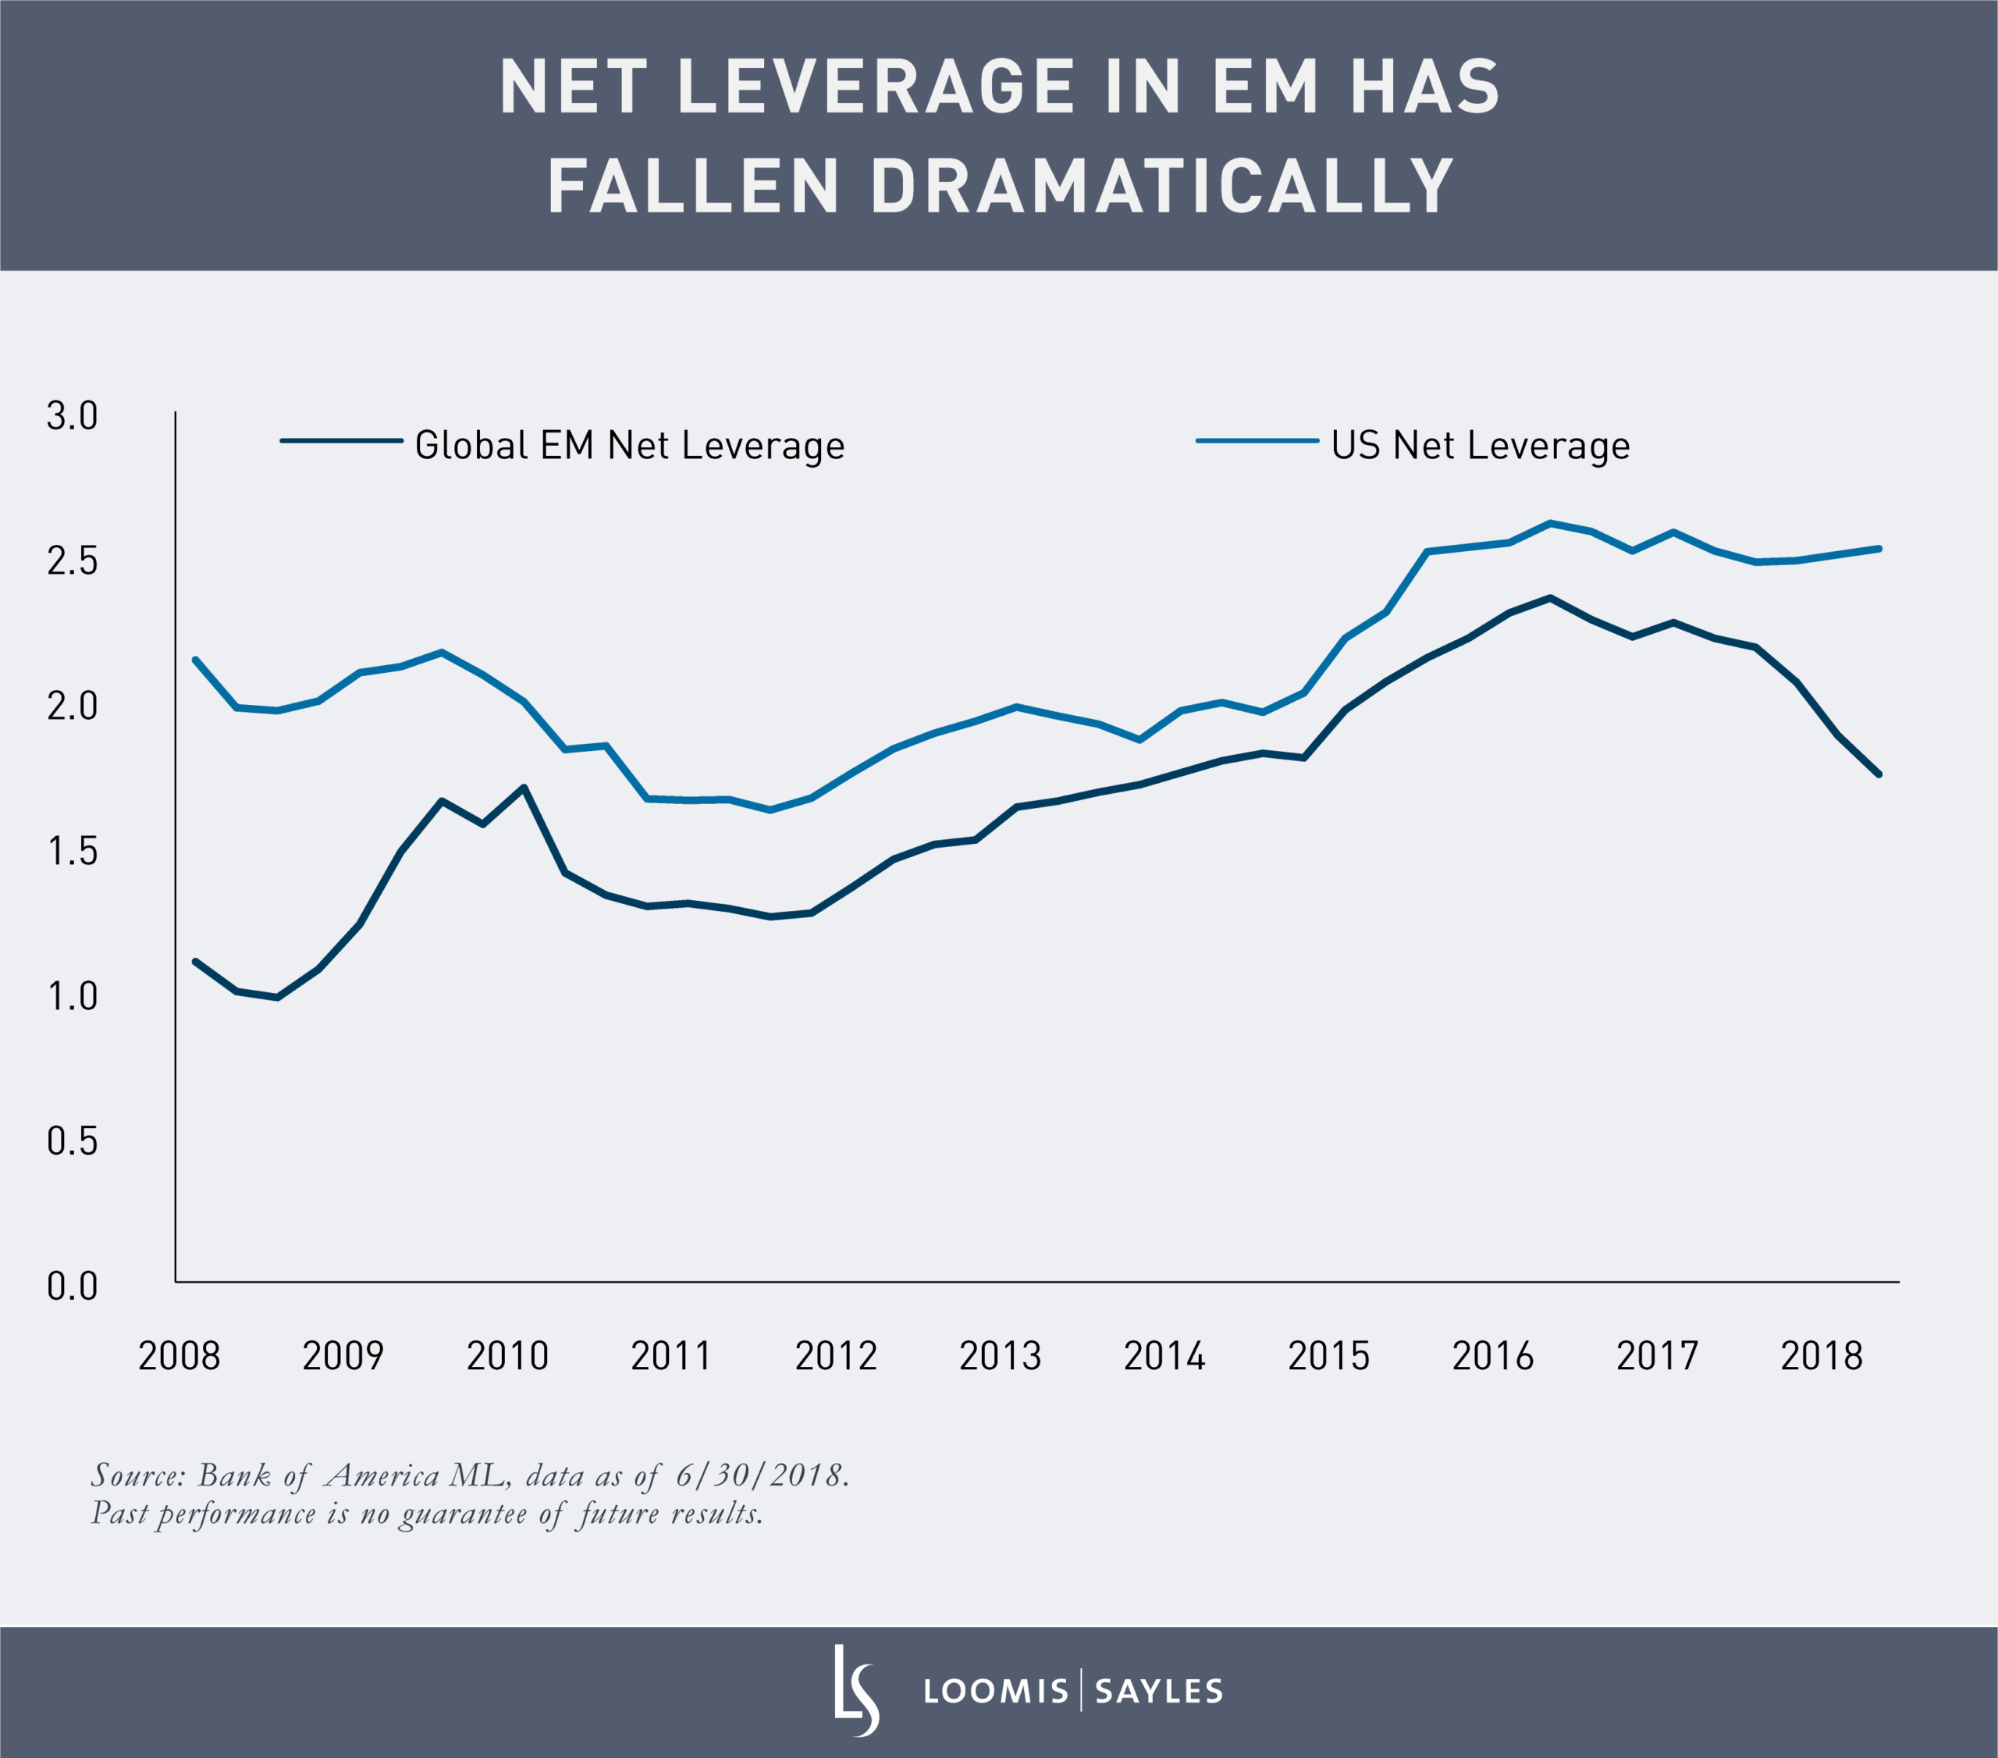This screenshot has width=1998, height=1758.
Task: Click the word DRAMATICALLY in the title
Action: (x=1161, y=186)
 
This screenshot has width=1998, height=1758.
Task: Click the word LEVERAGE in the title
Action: (x=876, y=87)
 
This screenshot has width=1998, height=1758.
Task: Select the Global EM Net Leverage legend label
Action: (x=630, y=446)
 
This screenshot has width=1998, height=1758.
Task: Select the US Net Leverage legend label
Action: (x=1480, y=446)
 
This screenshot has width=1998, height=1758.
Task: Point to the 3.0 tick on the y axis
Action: (x=73, y=415)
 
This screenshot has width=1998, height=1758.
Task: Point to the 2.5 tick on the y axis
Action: (x=73, y=561)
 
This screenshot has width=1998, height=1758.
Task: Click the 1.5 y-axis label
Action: (x=73, y=852)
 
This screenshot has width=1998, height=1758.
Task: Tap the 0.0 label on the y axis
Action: (x=73, y=1286)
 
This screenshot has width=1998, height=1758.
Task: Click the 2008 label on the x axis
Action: (x=179, y=1356)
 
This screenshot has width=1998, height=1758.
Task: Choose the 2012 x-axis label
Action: (x=836, y=1356)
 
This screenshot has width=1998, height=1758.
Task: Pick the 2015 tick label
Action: (x=1328, y=1356)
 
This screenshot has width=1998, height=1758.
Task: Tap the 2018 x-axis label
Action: (x=1821, y=1356)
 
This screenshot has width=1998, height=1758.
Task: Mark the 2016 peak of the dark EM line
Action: (x=1549, y=597)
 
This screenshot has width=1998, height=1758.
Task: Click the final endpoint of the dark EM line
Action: (x=1879, y=774)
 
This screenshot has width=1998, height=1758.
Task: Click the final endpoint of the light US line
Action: (x=1879, y=549)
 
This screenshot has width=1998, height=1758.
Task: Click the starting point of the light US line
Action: (x=195, y=660)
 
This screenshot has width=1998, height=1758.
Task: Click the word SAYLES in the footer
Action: (x=1158, y=1692)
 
